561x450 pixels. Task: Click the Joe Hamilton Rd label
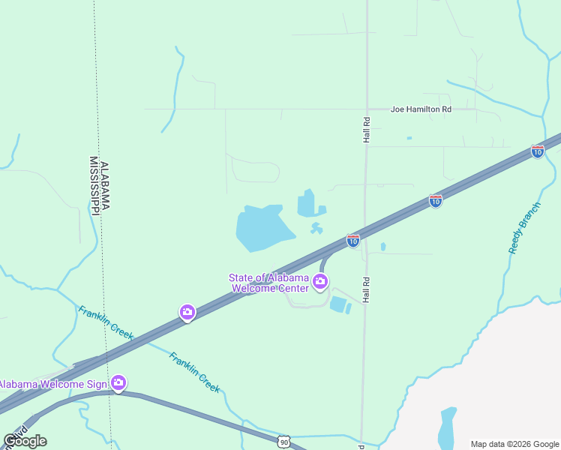point(421,109)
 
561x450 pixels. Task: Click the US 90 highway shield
point(283,442)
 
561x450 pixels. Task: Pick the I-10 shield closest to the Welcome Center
point(353,241)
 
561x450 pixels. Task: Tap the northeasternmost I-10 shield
point(537,151)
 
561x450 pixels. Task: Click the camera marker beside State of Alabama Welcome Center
point(320,282)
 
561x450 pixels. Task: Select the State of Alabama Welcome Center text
point(268,283)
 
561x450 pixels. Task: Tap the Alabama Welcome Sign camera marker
point(118,383)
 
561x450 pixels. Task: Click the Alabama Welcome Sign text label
point(52,384)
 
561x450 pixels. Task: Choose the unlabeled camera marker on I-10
point(187,312)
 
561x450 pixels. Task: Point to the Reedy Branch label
point(524,227)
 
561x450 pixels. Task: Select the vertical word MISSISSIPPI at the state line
point(94,185)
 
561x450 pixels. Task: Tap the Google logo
point(25,440)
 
